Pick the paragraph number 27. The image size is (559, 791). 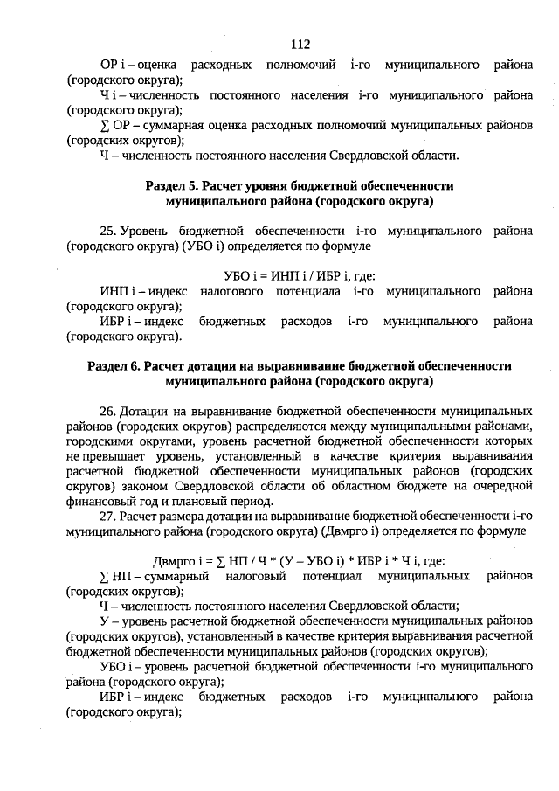point(108,515)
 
